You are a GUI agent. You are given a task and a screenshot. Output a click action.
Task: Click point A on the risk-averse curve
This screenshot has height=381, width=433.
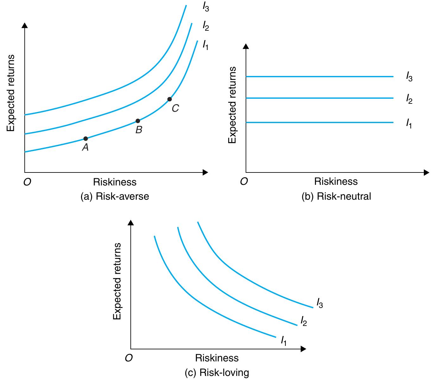click(x=85, y=138)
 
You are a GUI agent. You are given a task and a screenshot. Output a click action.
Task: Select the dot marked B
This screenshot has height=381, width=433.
click(x=138, y=121)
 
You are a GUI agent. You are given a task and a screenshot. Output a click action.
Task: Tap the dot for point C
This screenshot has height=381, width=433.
click(x=169, y=99)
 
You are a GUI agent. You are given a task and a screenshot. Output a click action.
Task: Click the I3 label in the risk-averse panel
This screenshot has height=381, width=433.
click(x=206, y=7)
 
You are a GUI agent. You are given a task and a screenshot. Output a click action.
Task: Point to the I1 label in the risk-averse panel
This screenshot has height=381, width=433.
click(x=206, y=45)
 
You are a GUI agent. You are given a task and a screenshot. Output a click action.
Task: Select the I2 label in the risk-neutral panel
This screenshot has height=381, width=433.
click(x=409, y=100)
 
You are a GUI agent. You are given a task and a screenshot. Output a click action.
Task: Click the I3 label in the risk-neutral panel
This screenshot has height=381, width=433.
click(x=409, y=77)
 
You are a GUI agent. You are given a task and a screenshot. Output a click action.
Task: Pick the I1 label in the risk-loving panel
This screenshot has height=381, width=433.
click(x=284, y=341)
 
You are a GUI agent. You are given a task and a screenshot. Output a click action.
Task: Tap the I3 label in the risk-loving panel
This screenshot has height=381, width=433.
click(x=320, y=303)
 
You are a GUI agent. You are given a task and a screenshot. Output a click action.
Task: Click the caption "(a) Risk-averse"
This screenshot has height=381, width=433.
click(x=115, y=197)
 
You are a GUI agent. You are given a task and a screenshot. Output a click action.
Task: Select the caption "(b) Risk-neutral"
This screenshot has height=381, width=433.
click(x=336, y=197)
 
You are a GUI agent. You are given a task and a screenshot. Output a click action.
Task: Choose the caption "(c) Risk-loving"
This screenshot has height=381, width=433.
click(x=217, y=373)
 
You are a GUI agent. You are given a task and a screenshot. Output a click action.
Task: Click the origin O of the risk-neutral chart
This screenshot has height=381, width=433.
click(x=244, y=181)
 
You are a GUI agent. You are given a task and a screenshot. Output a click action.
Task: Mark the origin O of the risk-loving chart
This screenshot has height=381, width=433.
click(x=129, y=358)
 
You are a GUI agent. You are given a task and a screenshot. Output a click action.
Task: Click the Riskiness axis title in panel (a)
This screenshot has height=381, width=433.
click(x=115, y=182)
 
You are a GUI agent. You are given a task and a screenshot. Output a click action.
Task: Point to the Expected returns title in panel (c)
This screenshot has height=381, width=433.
click(x=117, y=281)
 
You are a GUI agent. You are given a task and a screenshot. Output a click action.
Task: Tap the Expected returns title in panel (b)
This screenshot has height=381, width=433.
click(x=232, y=105)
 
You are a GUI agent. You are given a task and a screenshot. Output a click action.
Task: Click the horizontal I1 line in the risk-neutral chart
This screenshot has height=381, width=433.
click(x=320, y=122)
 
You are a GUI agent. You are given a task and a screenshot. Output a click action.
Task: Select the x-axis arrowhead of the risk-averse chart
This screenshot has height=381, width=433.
click(x=205, y=172)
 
